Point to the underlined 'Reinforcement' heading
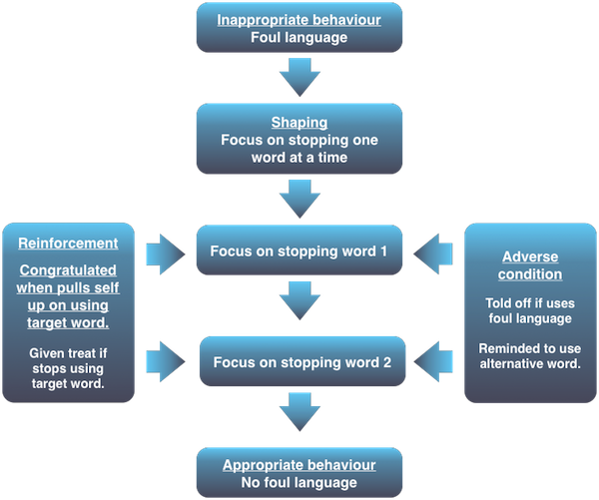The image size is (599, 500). pyautogui.click(x=69, y=243)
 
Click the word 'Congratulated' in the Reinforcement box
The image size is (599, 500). pyautogui.click(x=68, y=269)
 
